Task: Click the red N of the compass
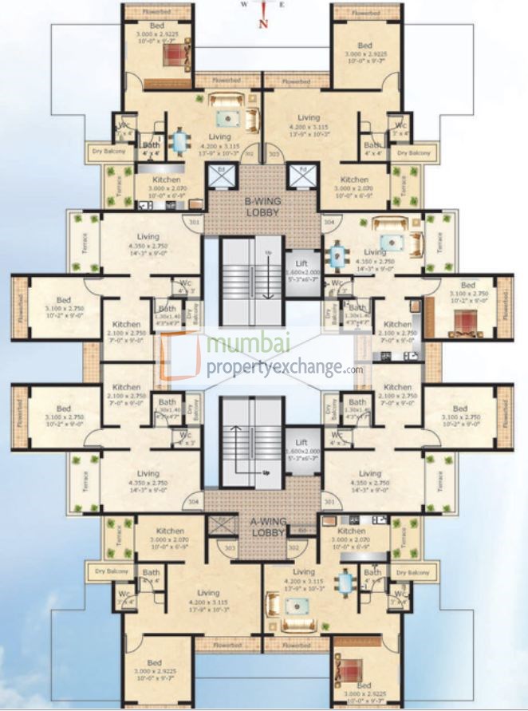tap(262, 22)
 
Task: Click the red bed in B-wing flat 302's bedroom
tap(174, 53)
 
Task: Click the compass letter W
tap(245, 4)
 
